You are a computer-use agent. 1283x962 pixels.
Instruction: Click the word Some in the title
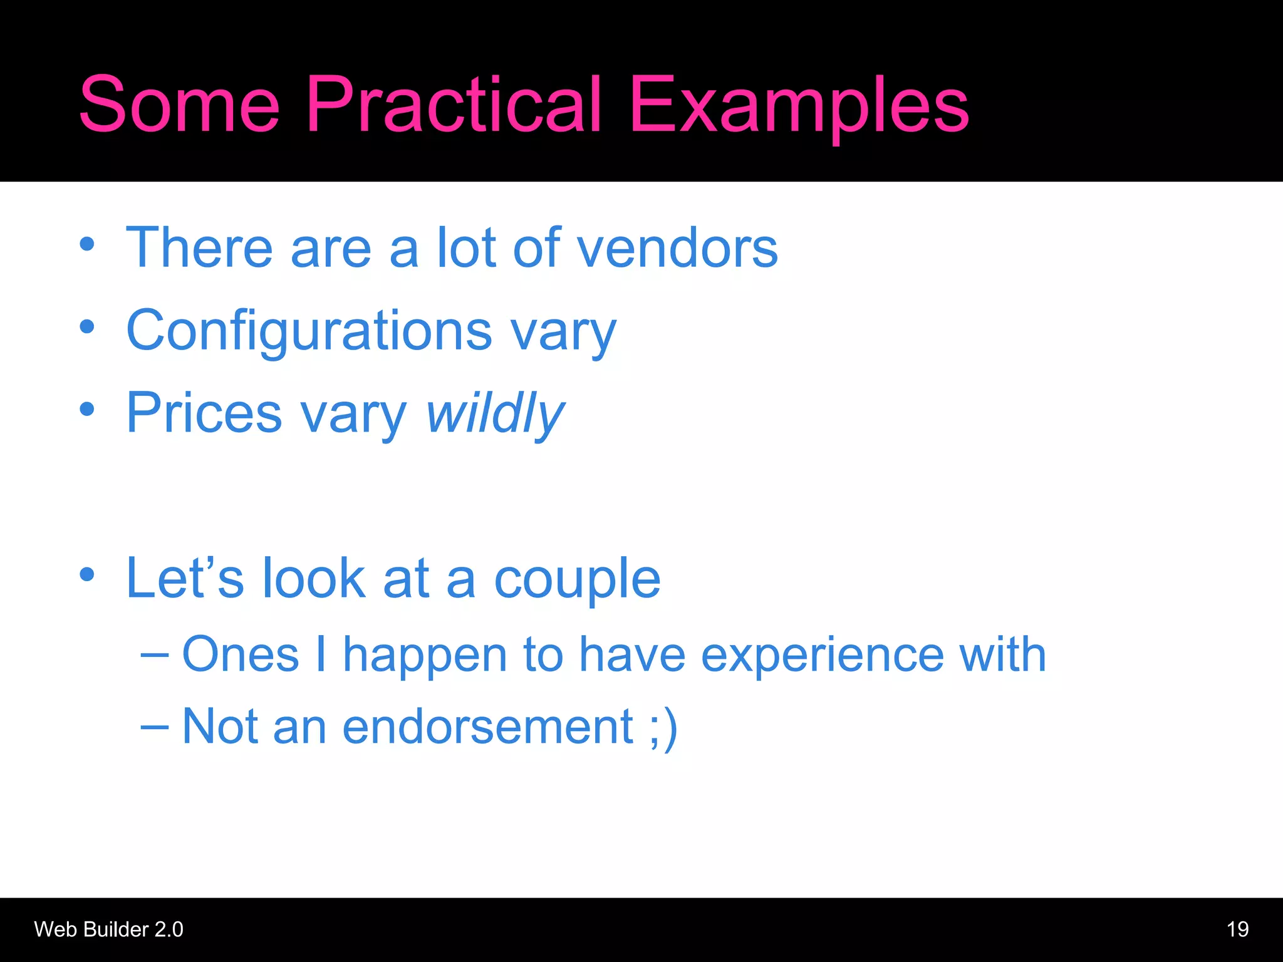[179, 105]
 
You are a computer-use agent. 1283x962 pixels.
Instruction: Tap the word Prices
[204, 413]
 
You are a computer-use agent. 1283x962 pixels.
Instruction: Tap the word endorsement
[488, 727]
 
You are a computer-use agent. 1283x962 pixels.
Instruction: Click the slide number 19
[1237, 929]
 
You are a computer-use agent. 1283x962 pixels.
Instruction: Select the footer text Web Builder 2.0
[108, 929]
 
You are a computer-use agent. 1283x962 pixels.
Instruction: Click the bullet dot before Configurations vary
[87, 326]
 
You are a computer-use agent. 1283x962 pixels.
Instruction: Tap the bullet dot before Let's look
[87, 574]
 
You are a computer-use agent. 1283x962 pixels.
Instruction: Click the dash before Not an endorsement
[154, 727]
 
